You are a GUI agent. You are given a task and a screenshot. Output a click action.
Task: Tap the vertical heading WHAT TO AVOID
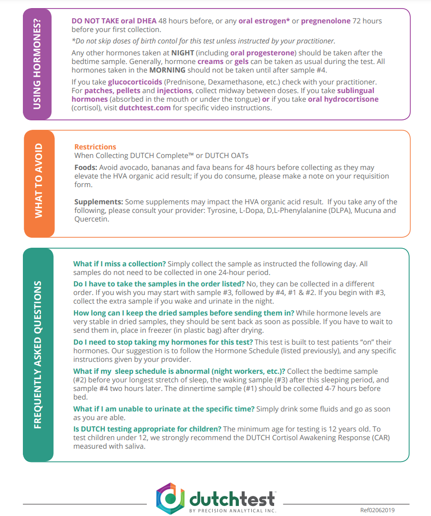click(x=39, y=183)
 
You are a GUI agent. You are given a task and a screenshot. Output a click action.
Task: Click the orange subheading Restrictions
click(x=95, y=147)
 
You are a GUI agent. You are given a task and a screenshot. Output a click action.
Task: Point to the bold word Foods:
click(x=86, y=168)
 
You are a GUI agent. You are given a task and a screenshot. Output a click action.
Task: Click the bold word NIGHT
click(x=183, y=53)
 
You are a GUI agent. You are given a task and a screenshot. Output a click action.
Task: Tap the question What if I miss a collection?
click(x=119, y=264)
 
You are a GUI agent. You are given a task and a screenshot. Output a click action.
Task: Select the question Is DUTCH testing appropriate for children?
click(x=147, y=429)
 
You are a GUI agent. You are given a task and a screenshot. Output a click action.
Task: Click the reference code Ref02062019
click(x=378, y=510)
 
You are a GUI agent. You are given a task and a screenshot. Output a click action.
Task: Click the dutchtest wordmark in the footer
click(x=232, y=498)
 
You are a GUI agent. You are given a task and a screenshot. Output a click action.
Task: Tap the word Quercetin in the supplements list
click(x=92, y=220)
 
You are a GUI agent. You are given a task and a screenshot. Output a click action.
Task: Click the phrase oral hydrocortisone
click(x=343, y=99)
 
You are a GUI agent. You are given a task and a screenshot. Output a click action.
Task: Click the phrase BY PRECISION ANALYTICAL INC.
click(x=232, y=511)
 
